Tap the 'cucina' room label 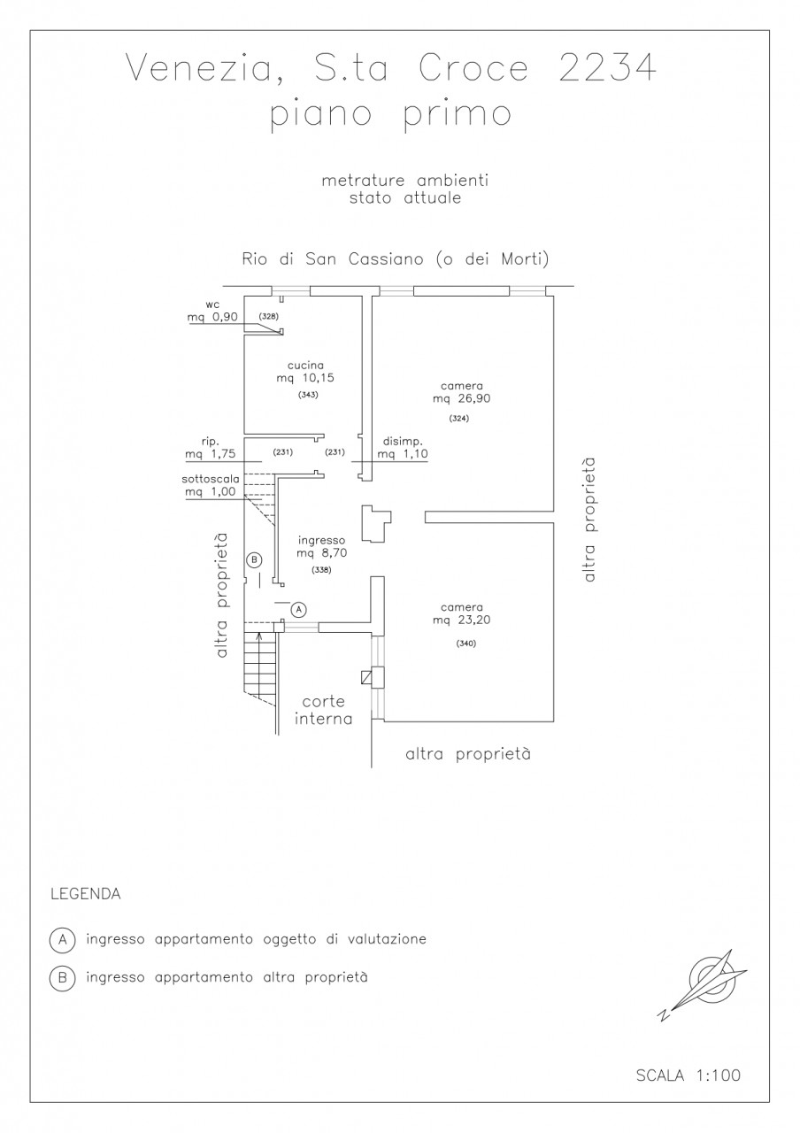(305, 365)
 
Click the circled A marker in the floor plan (299, 609)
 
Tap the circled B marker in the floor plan (255, 559)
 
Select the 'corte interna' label (324, 710)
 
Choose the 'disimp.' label (404, 442)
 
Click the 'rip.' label (209, 442)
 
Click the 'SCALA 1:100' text (688, 1075)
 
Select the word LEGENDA (85, 894)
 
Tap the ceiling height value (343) (308, 395)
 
